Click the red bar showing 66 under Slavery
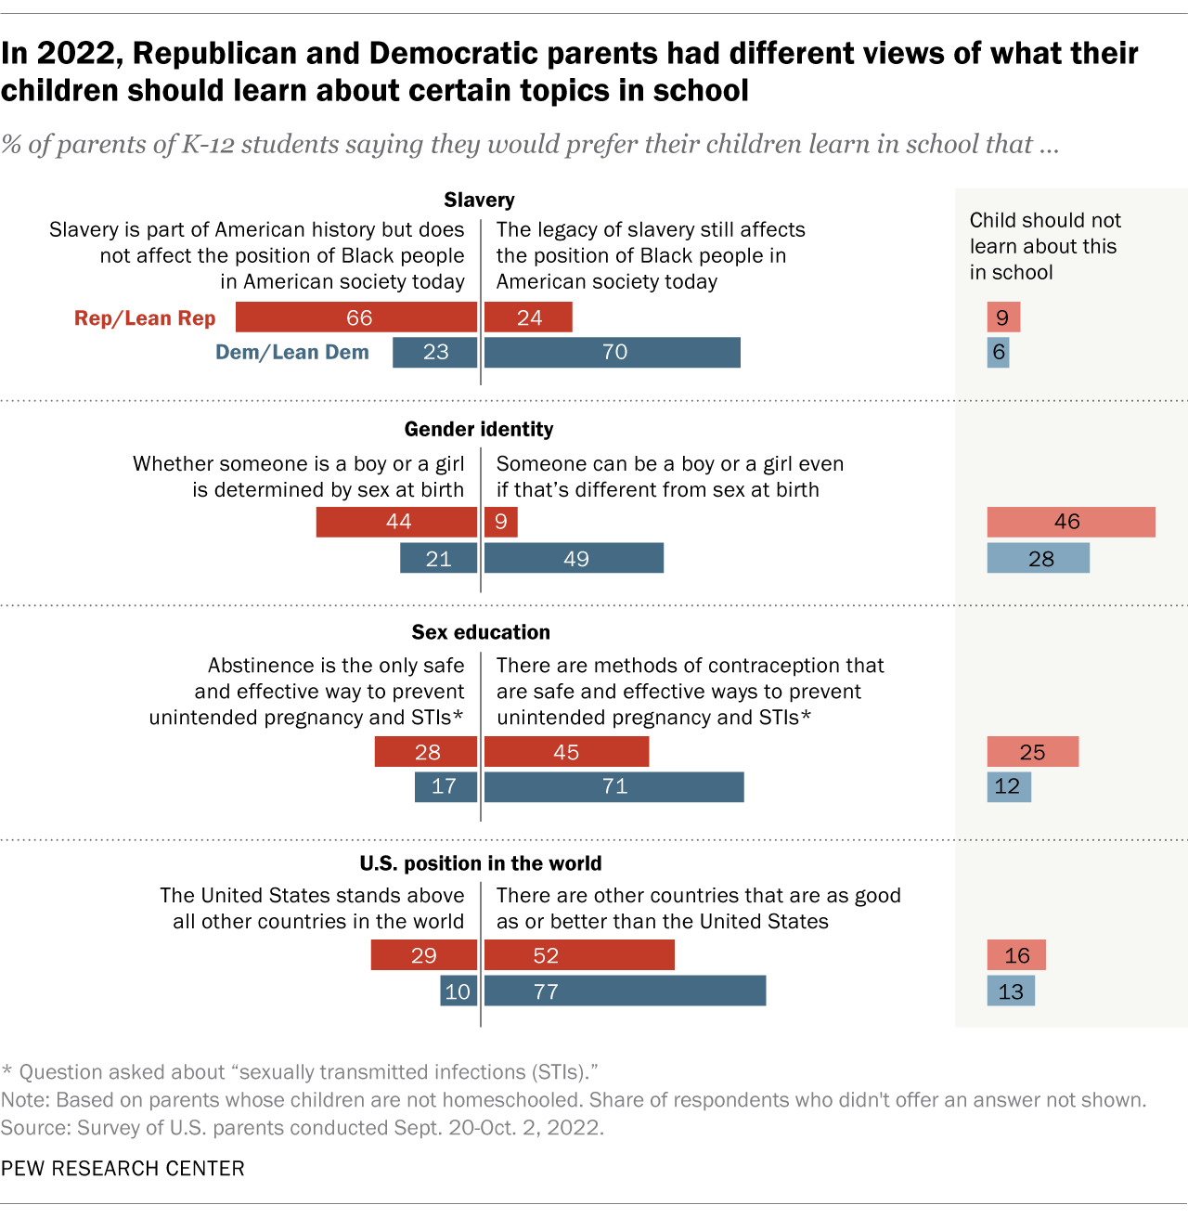tap(356, 317)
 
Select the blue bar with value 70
tap(612, 353)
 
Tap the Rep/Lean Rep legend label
tap(145, 318)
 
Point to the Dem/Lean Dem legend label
tap(292, 353)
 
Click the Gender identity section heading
tap(479, 429)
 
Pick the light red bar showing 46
tap(1070, 522)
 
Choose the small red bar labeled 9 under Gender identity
tap(500, 522)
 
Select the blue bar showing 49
tap(574, 559)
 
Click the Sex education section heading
tap(481, 632)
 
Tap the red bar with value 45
tap(566, 752)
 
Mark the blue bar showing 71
tap(613, 787)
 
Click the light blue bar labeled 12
tap(1009, 787)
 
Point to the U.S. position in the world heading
tap(481, 863)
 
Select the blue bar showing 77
tap(625, 991)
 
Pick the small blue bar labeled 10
tap(458, 991)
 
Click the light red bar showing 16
tap(1016, 955)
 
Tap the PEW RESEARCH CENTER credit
tap(123, 1169)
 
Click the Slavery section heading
tap(479, 200)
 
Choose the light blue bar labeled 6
tap(998, 353)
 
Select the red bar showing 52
tap(579, 955)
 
